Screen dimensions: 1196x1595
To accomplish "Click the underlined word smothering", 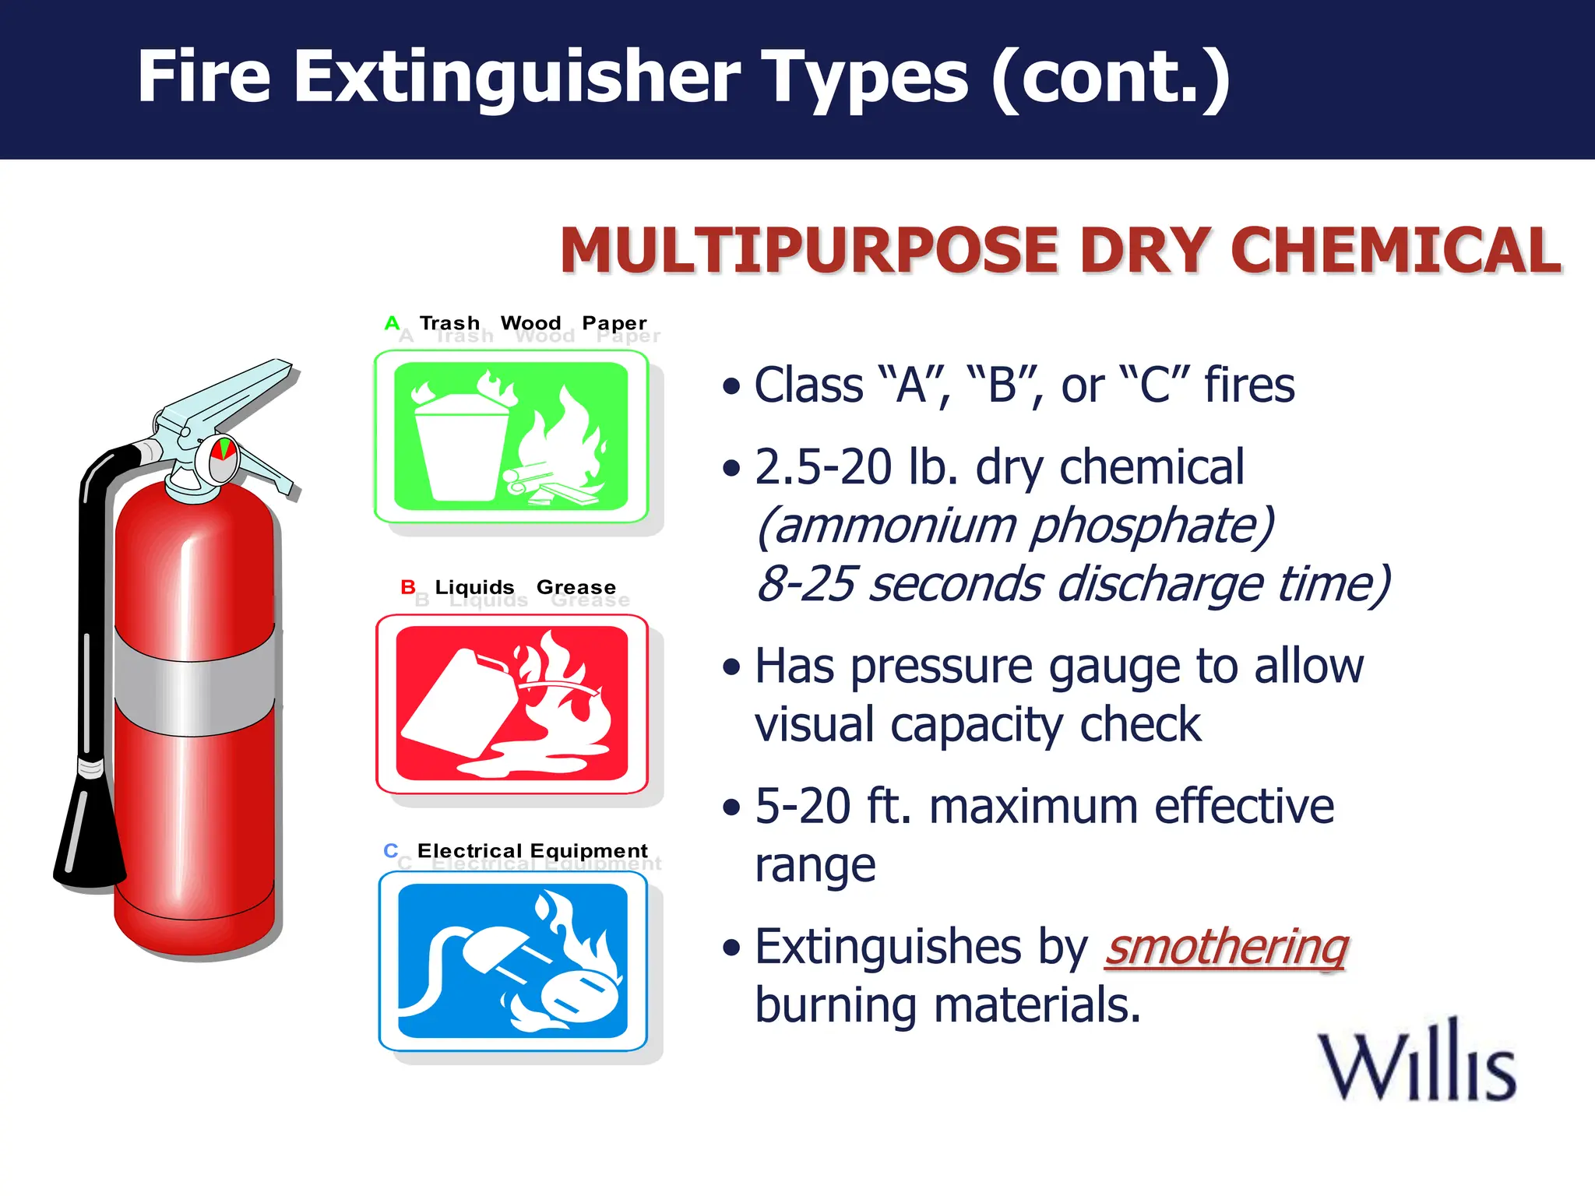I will [1227, 948].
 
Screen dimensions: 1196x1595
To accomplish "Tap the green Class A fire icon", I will [511, 436].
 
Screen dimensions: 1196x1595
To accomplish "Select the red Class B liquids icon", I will [512, 703].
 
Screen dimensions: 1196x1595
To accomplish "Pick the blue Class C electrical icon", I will [512, 960].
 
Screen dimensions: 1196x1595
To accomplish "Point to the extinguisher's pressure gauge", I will [222, 459].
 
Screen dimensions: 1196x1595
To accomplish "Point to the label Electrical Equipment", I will [532, 850].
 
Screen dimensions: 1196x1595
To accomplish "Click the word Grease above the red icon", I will [576, 587].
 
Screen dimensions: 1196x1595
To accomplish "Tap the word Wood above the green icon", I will [530, 322].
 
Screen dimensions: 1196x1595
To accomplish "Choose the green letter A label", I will [392, 322].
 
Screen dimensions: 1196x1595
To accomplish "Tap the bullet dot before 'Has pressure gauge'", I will [731, 667].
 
